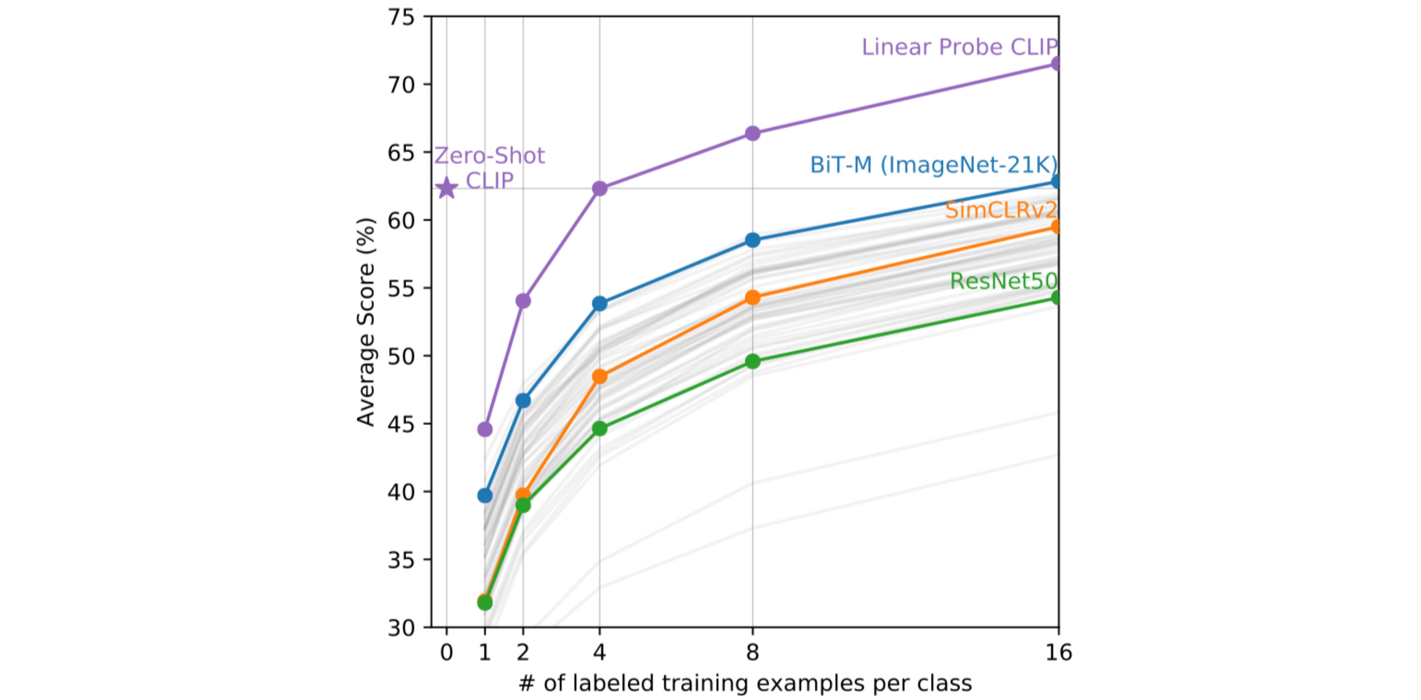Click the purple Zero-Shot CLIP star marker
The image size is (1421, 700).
[x=446, y=189]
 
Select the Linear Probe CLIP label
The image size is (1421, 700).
[x=959, y=47]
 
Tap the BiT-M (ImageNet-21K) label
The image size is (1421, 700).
[x=933, y=165]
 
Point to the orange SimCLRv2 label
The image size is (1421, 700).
[x=1001, y=210]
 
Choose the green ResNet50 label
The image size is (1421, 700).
[x=1003, y=281]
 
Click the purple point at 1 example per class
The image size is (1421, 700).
[x=485, y=429]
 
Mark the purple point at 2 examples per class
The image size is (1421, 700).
[x=523, y=301]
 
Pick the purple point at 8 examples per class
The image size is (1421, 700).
[x=753, y=134]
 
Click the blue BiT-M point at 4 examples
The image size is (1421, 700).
[x=600, y=303]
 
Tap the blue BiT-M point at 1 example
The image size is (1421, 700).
[x=485, y=496]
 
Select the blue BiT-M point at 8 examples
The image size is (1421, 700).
[x=753, y=240]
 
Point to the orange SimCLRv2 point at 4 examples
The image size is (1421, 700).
[x=600, y=377]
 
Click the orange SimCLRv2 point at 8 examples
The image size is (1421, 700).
[x=753, y=298]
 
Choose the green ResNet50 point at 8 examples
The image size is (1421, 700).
[x=753, y=362]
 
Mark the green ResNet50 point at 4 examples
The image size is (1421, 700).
[x=600, y=428]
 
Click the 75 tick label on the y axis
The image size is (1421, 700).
[x=401, y=18]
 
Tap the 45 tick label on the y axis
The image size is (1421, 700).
[x=401, y=424]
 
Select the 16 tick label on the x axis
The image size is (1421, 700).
[x=1058, y=653]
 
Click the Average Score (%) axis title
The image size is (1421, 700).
[x=366, y=322]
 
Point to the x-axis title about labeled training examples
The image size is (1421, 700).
[x=745, y=683]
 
